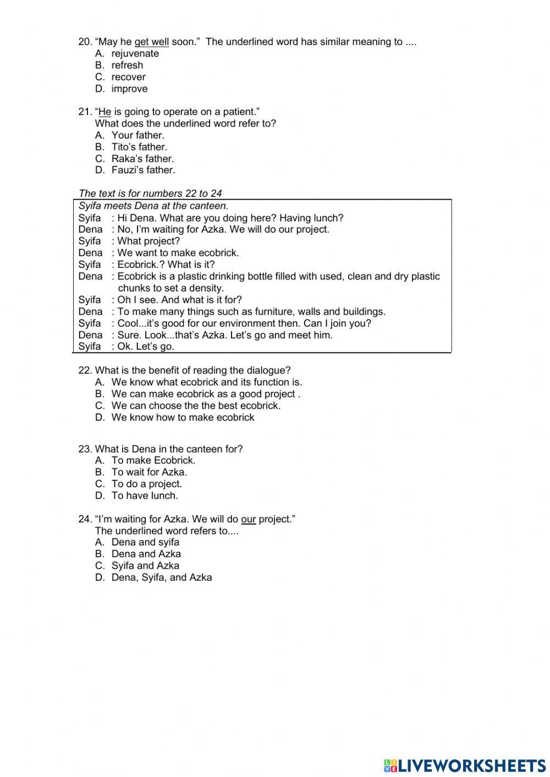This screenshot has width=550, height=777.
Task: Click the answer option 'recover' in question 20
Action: tap(128, 77)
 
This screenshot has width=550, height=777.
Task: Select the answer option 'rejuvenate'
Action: tap(135, 53)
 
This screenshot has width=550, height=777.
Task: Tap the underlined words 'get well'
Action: tap(151, 42)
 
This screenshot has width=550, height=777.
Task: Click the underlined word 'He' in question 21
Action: tap(105, 112)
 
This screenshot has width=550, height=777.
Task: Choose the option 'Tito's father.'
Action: tap(139, 147)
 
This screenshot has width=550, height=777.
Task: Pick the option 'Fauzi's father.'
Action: tap(143, 170)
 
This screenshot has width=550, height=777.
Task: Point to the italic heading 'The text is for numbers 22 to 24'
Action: tap(150, 193)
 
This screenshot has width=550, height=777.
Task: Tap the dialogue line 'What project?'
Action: tap(148, 241)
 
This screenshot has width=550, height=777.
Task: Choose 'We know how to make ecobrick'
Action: tap(183, 417)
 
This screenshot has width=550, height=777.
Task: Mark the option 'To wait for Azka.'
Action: tap(149, 472)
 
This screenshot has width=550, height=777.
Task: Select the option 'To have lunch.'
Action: tap(145, 495)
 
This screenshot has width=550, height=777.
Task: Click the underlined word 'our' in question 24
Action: tap(248, 519)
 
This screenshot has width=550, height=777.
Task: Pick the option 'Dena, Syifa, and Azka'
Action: tap(161, 577)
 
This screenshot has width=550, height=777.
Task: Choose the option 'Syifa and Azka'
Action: tap(145, 565)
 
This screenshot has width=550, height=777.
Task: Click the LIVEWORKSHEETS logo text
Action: tap(471, 765)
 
